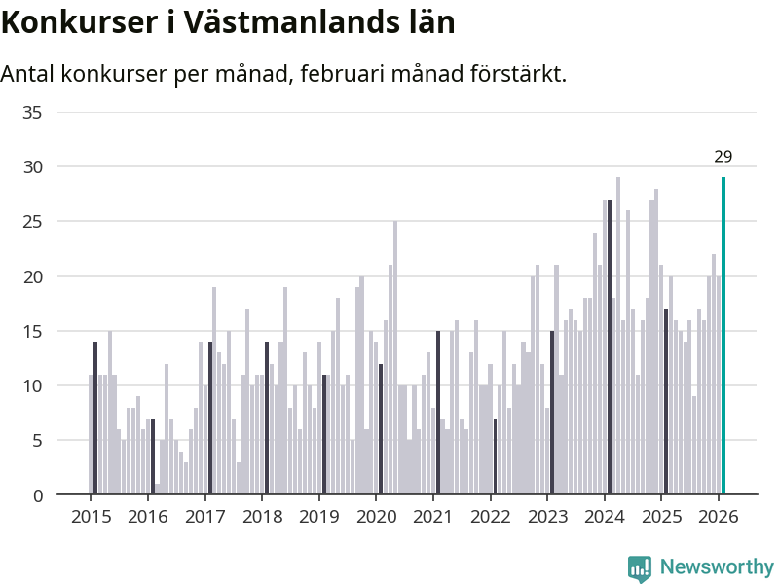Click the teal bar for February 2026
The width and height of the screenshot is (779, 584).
pyautogui.click(x=723, y=336)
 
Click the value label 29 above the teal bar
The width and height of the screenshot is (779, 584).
pyautogui.click(x=723, y=157)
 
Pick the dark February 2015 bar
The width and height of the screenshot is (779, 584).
pyautogui.click(x=95, y=419)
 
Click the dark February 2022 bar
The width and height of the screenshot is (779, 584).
pyautogui.click(x=495, y=456)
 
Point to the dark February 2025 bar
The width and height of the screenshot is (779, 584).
pyautogui.click(x=666, y=402)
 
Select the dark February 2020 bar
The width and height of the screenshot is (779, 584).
pyautogui.click(x=381, y=429)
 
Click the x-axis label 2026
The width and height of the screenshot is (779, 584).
pyautogui.click(x=718, y=516)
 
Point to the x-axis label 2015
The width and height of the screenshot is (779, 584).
pyautogui.click(x=91, y=516)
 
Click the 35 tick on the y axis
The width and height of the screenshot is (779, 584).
pyautogui.click(x=32, y=113)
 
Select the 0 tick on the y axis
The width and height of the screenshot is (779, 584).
pyautogui.click(x=38, y=495)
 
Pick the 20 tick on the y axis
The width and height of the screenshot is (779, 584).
pyautogui.click(x=32, y=276)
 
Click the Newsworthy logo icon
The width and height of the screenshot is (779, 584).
pyautogui.click(x=640, y=567)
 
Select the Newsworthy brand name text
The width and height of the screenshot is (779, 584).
pyautogui.click(x=717, y=567)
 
